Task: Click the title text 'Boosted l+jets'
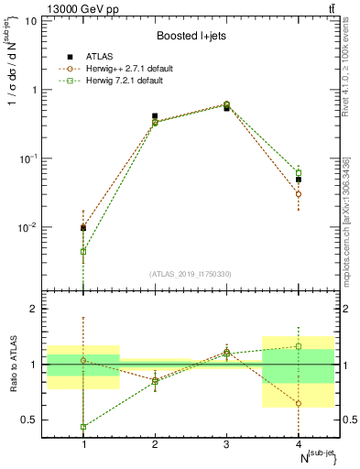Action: click(x=190, y=36)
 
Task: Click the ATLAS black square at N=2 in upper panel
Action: click(x=155, y=116)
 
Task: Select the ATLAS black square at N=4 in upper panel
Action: click(x=299, y=180)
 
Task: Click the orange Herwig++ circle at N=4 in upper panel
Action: click(x=299, y=194)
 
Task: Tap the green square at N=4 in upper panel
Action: click(x=299, y=172)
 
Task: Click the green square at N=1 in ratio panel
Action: click(x=83, y=427)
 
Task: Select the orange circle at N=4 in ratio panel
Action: click(x=299, y=403)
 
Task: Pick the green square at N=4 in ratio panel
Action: click(x=299, y=346)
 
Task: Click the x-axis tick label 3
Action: click(x=227, y=444)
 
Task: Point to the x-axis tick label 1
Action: click(x=83, y=444)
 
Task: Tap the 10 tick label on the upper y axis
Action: click(x=31, y=20)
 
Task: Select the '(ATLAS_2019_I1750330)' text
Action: click(x=191, y=274)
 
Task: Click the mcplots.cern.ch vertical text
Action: click(x=347, y=220)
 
